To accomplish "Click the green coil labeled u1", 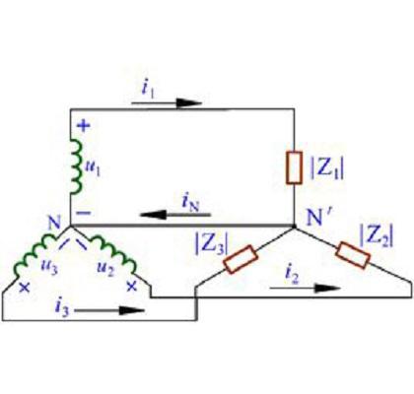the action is point(76,166).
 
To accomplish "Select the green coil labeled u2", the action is point(113,252).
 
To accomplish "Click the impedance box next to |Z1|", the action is point(294,167).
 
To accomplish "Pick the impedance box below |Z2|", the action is point(353,255).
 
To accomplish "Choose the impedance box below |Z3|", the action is point(241,259).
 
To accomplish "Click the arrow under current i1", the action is point(167,103).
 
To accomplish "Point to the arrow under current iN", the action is point(175,215).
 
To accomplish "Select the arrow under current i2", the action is point(305,289).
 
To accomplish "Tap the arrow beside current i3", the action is point(109,310).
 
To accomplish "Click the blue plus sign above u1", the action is point(84,125).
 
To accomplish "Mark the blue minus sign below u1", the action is point(83,213).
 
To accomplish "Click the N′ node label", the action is point(318,217).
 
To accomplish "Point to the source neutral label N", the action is point(54,223).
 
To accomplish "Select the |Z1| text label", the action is point(327,169).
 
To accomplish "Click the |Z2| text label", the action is point(377,235).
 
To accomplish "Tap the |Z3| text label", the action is point(212,243).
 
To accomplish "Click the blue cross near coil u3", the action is point(25,288).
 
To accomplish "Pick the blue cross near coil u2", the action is point(132,287).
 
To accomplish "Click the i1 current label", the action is point(148,90).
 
